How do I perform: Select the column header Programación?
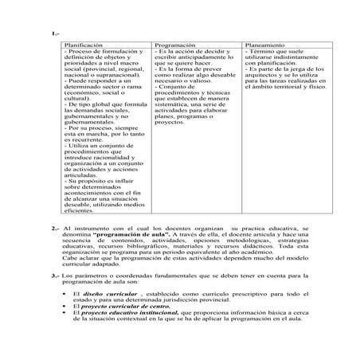(175, 46)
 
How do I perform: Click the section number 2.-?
(54, 229)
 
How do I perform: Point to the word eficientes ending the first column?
(80, 210)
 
